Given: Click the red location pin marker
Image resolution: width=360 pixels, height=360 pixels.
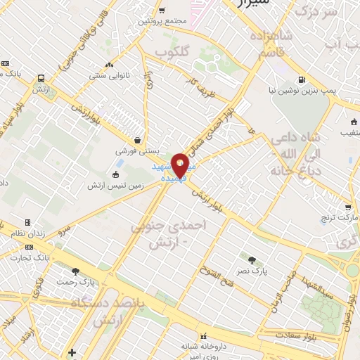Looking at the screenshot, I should tap(181, 164).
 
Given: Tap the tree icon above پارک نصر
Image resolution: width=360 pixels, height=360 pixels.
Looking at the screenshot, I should tap(252, 259).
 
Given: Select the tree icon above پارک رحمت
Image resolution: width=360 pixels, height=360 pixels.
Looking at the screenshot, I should tap(75, 271).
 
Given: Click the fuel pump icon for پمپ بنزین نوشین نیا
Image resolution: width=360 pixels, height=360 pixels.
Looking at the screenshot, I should tap(302, 79).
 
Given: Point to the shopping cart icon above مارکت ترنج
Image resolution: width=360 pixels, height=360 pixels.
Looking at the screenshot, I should tap(347, 207).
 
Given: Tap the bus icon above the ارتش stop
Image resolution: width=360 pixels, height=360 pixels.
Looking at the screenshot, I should tap(41, 79).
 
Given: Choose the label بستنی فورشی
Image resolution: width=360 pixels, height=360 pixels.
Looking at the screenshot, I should tap(136, 151).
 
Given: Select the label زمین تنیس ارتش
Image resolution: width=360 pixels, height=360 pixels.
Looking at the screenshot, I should tap(111, 185).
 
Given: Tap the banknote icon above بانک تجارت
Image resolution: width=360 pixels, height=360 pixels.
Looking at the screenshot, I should tap(29, 247).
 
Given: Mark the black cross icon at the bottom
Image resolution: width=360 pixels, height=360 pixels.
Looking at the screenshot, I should tap(72, 352).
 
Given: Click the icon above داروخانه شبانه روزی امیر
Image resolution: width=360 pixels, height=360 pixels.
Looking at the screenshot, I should tap(204, 336).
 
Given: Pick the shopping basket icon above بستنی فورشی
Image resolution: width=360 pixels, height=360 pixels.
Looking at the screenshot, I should tap(136, 139).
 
